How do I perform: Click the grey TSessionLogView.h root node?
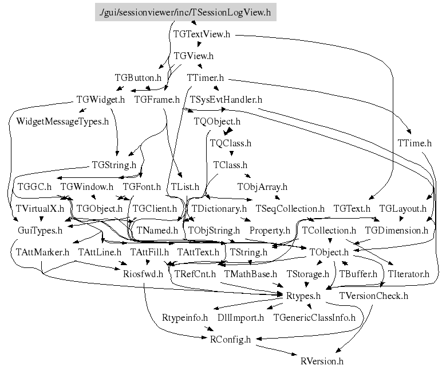(x=185, y=12)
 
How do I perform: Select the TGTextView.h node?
(x=202, y=34)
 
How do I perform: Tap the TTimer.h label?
(x=205, y=78)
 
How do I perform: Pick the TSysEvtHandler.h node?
(x=226, y=100)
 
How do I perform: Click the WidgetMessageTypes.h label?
(x=62, y=122)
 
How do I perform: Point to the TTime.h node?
(x=414, y=142)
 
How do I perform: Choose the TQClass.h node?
(x=231, y=143)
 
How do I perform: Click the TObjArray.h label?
(x=262, y=187)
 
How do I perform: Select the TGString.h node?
(x=114, y=165)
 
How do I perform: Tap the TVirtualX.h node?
(x=40, y=208)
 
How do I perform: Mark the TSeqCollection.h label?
(x=290, y=208)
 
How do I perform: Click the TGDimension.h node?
(x=396, y=230)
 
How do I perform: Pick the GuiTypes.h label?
(x=40, y=230)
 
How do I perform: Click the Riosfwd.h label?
(x=143, y=274)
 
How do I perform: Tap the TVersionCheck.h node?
(x=373, y=296)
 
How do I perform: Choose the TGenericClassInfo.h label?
(x=314, y=317)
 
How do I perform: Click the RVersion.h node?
(x=322, y=361)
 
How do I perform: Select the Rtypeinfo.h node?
(x=184, y=317)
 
